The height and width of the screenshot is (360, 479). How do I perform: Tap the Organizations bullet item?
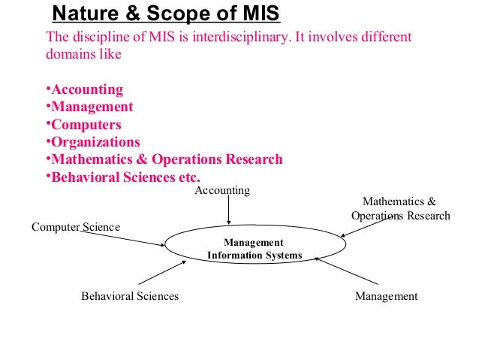93,142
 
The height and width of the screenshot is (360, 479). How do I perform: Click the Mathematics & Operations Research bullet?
164,159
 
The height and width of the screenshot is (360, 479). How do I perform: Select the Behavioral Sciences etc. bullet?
123,177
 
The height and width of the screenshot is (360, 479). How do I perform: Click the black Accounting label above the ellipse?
222,191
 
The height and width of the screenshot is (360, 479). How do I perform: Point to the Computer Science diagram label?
75,227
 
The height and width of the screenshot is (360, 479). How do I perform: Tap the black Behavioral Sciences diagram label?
130,296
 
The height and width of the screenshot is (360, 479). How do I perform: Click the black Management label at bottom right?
386,296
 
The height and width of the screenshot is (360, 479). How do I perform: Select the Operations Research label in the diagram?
400,216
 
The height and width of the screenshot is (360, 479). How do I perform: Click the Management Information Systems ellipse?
255,249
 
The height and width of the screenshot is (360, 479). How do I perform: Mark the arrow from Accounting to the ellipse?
228,211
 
